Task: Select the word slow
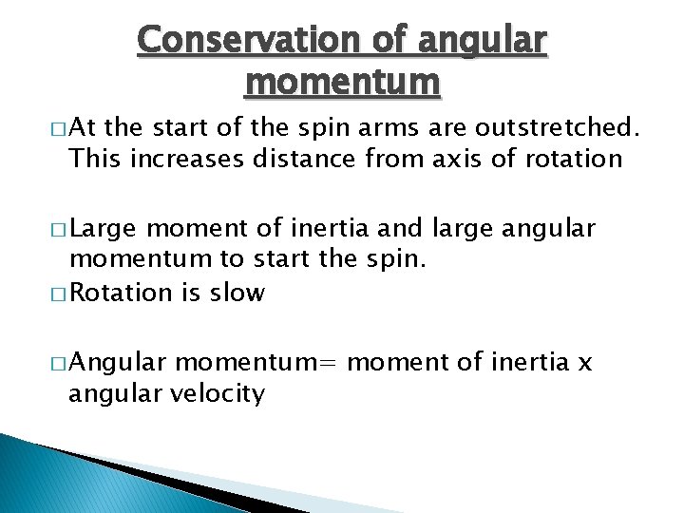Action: (241, 293)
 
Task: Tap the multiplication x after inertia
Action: (584, 363)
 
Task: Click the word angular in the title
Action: (484, 40)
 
